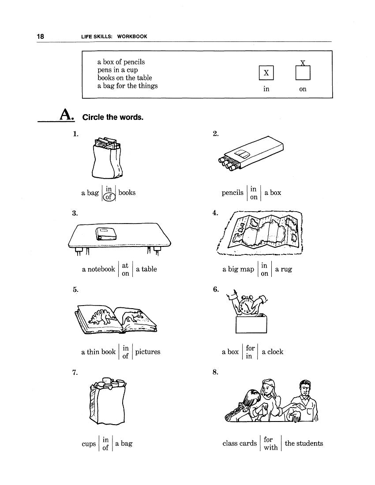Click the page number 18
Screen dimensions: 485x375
point(40,37)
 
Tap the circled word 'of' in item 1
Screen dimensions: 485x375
point(109,197)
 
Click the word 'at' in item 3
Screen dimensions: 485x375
point(125,265)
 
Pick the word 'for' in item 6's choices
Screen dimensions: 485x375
point(251,348)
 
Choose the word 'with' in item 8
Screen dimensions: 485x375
point(270,448)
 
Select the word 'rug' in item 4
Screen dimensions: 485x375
point(286,269)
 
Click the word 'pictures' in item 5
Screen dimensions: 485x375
point(148,352)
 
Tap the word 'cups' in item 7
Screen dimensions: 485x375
point(89,444)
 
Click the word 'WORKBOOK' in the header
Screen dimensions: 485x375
point(132,37)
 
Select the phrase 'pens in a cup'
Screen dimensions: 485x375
point(118,70)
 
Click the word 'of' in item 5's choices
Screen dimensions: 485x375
point(125,356)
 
